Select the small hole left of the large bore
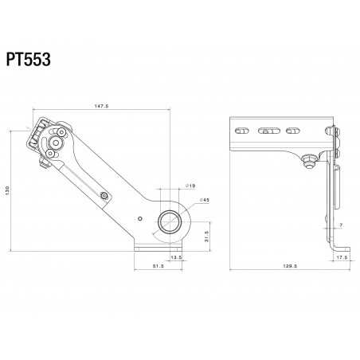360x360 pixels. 139,217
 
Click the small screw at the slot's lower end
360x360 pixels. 104,194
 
